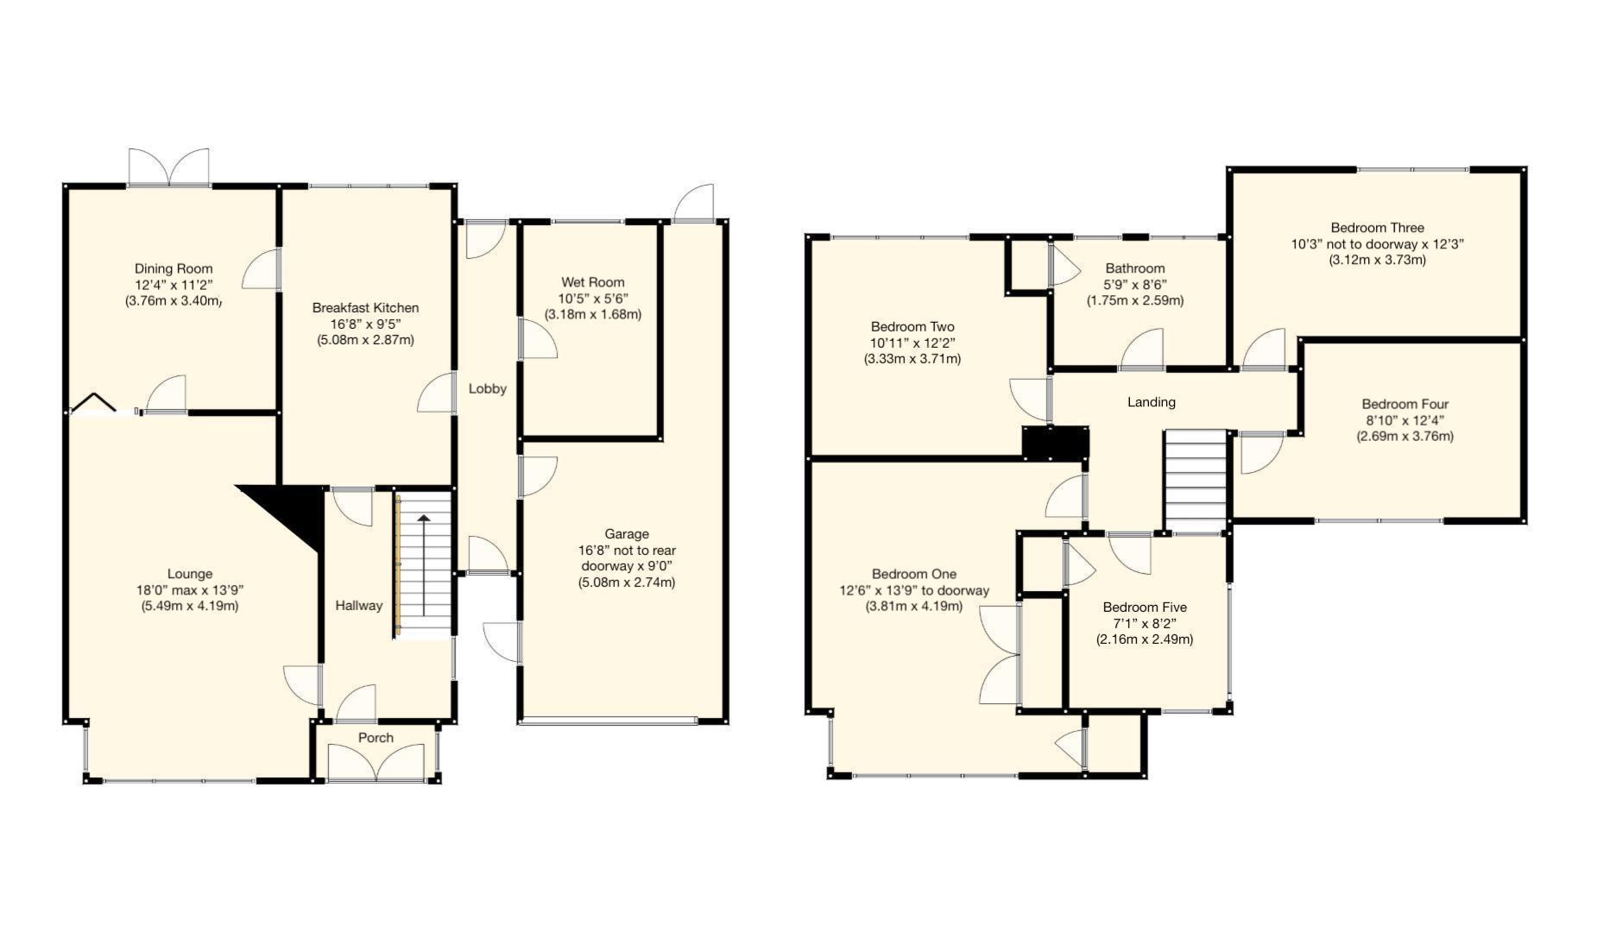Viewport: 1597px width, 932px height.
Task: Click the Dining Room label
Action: coord(173,268)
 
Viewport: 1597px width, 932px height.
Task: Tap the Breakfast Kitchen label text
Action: coord(365,307)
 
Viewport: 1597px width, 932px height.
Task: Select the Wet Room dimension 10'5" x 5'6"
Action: coord(592,299)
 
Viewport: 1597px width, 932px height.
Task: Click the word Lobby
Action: coord(487,388)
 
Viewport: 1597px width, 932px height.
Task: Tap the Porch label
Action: coord(376,738)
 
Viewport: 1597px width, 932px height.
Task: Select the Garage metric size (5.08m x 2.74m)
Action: coord(626,582)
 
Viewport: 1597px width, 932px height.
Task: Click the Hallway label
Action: coord(358,606)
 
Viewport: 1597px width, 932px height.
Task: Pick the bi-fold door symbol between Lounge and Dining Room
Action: coord(92,404)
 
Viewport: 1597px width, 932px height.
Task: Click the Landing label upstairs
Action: coord(1151,402)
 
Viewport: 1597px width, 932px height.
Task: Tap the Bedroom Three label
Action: coord(1377,228)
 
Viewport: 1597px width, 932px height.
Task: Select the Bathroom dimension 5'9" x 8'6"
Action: coord(1134,285)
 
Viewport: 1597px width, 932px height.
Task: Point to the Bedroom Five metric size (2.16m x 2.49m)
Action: coord(1144,639)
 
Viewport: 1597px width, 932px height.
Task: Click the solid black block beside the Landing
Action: coord(1055,443)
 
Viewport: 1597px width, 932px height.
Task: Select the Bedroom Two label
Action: coord(912,327)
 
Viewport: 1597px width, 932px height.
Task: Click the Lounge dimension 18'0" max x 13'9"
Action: coord(189,590)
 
